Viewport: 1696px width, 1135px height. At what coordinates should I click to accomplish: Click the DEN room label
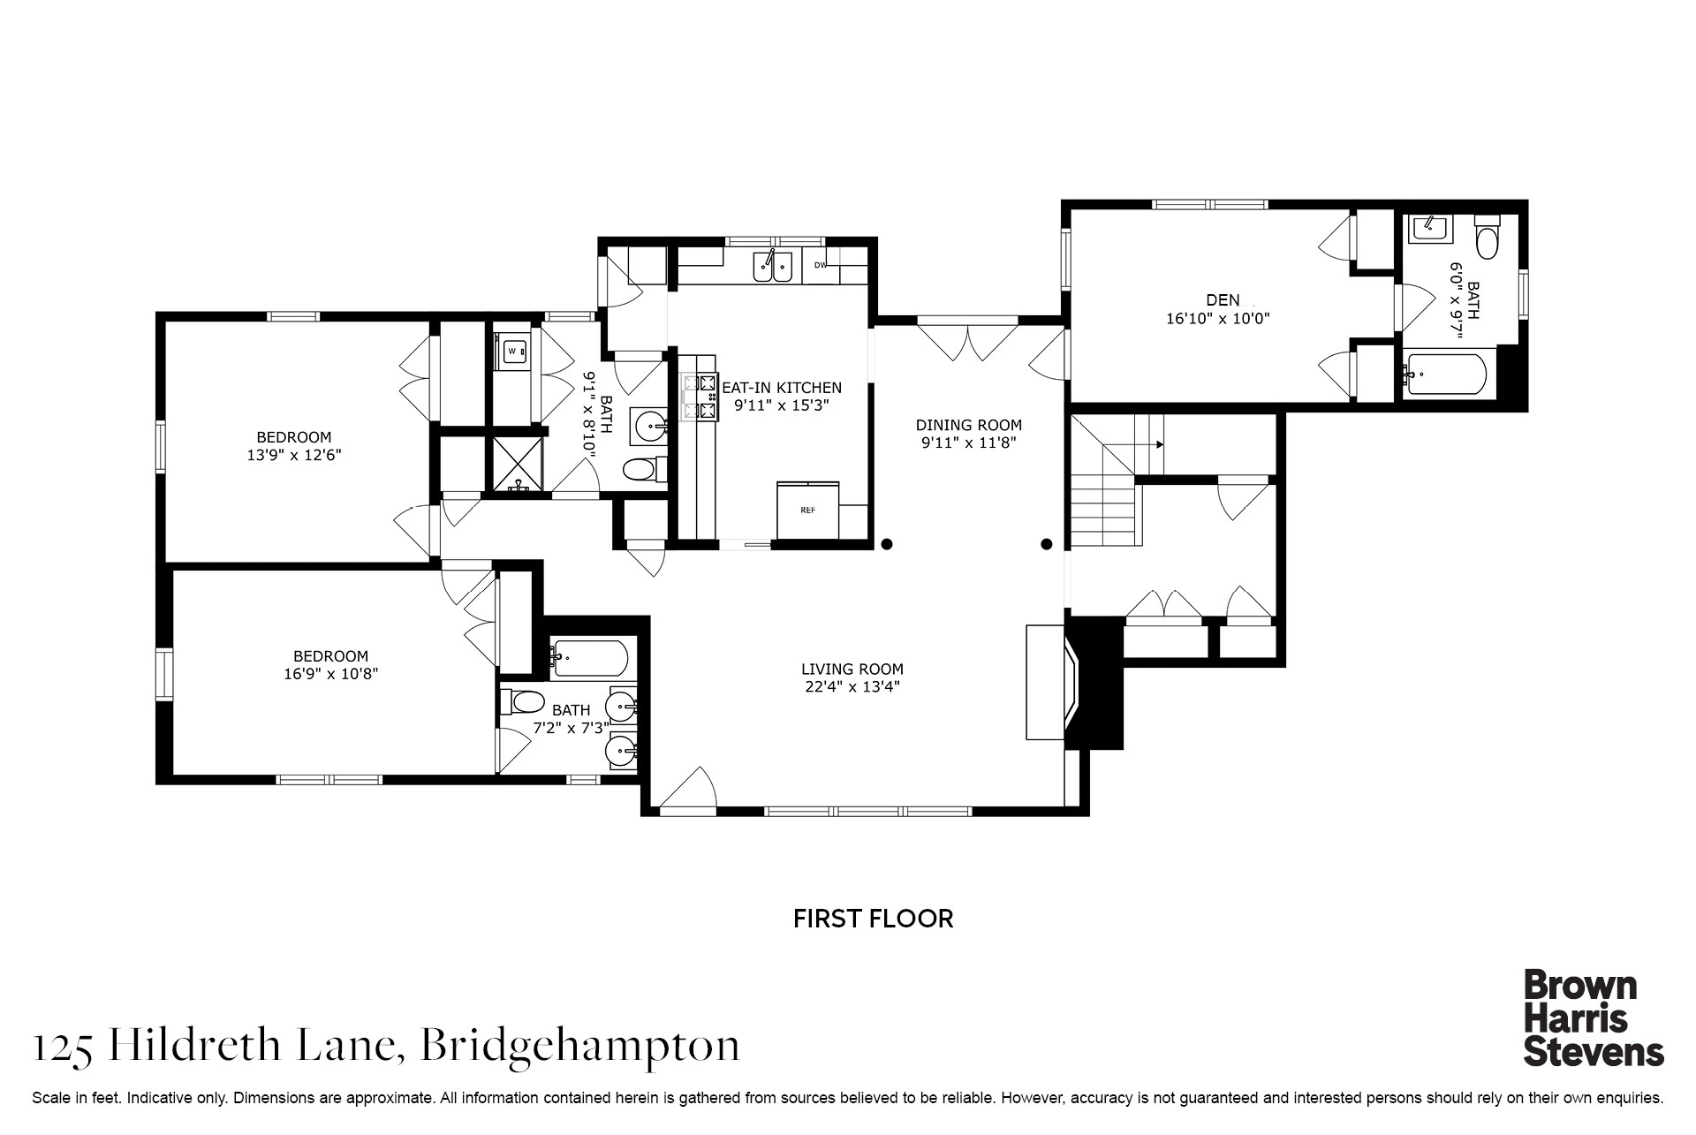tap(1223, 300)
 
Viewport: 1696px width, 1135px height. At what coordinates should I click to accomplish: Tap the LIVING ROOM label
tap(852, 670)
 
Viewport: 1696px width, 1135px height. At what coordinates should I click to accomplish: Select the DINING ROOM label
tap(968, 425)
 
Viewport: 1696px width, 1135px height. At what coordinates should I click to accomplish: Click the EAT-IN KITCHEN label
tap(783, 388)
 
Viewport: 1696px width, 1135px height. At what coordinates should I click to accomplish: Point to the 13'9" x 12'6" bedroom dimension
tap(294, 456)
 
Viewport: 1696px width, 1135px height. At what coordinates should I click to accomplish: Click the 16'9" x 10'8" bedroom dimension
tap(331, 674)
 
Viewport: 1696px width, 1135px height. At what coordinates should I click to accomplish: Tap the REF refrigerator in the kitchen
tap(807, 510)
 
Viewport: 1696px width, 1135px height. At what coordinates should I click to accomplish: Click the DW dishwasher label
tap(820, 264)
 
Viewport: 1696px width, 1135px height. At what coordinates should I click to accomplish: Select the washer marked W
tap(511, 352)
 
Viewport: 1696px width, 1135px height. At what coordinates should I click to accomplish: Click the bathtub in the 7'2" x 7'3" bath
tap(590, 658)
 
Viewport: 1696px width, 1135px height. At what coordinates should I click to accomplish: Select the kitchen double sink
tap(772, 266)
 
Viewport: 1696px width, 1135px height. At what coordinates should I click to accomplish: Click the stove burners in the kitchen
tap(698, 396)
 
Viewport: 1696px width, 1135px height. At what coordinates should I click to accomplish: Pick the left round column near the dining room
tap(888, 544)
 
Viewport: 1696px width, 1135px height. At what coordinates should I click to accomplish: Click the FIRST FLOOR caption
tap(873, 919)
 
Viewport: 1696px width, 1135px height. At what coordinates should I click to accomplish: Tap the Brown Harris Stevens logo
tap(1594, 1018)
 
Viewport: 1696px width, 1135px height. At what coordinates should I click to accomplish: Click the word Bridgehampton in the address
tap(579, 1047)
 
